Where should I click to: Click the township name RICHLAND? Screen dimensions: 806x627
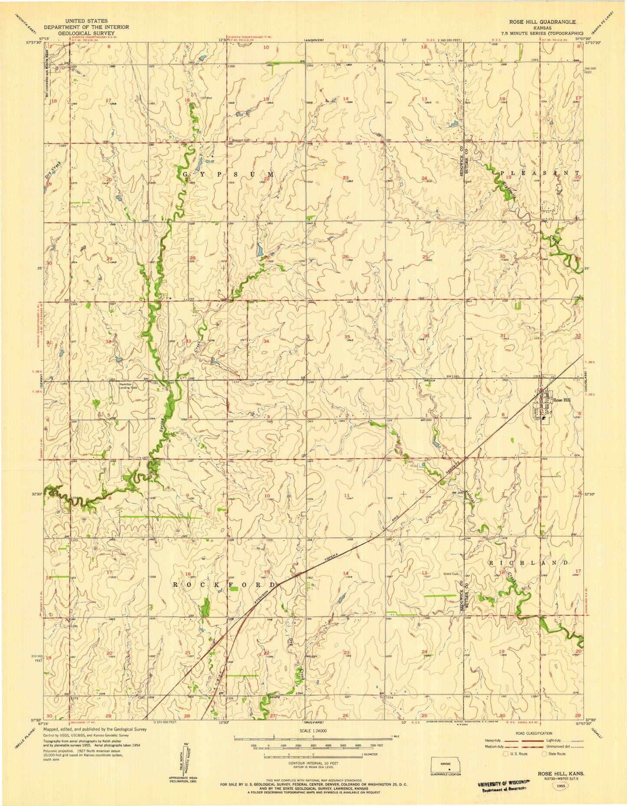tap(529, 562)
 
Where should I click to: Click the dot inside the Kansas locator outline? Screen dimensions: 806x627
tap(450, 770)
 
